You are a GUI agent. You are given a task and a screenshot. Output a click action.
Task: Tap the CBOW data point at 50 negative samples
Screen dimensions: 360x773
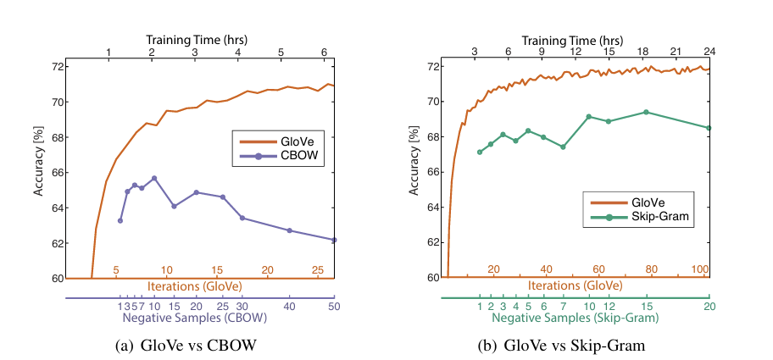(334, 240)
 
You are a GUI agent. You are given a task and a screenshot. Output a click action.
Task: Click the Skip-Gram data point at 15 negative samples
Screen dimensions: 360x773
(646, 112)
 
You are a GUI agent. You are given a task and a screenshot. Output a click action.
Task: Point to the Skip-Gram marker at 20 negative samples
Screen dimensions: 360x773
(709, 128)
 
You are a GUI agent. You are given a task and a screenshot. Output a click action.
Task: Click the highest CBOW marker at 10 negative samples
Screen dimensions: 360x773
(154, 178)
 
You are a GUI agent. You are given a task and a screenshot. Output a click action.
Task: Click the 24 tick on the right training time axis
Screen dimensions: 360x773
(709, 52)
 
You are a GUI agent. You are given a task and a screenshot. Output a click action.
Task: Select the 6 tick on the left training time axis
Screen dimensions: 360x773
(324, 53)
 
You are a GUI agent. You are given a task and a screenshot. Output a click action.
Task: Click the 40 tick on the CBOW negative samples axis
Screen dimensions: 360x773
(289, 306)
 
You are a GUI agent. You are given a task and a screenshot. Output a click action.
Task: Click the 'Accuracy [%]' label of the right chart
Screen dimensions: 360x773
(414, 171)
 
